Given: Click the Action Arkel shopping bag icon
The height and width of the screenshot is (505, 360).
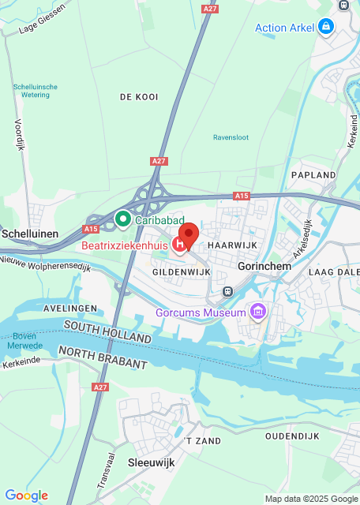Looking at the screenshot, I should click(325, 28).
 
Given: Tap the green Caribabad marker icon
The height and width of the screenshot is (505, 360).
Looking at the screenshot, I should click(123, 218).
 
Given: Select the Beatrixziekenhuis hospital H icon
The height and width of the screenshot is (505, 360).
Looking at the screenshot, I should click(180, 245).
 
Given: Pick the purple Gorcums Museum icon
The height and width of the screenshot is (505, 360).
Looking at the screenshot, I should click(257, 313).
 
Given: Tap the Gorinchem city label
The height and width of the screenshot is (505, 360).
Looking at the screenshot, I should click(264, 267).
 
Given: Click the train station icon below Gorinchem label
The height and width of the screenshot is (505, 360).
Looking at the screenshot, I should click(227, 291).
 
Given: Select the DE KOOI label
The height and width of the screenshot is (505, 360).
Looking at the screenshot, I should click(139, 97).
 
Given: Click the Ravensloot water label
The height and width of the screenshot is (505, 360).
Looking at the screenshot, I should click(231, 137).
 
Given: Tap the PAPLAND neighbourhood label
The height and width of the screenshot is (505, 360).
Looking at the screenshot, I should click(313, 174).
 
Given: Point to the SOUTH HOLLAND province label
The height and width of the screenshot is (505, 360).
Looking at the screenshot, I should click(107, 331).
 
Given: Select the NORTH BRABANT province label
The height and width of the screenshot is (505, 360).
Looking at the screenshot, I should click(103, 357).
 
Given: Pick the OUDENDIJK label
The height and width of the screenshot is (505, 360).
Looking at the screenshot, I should click(292, 436).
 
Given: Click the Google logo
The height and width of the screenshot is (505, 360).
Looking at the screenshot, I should click(26, 496).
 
